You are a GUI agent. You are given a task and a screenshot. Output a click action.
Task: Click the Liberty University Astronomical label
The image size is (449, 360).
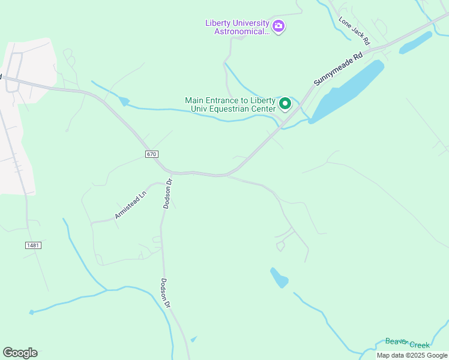tap(238, 27)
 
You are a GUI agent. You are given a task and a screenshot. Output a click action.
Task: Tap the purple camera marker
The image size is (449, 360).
tap(278, 26)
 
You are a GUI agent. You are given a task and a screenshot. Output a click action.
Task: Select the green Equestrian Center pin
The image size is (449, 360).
tap(286, 104)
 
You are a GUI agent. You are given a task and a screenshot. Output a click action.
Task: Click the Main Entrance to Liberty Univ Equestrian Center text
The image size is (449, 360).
tap(231, 104)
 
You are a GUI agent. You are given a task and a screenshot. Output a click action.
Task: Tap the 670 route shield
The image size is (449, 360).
tap(151, 154)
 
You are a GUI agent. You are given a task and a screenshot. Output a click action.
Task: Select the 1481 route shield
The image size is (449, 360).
tap(34, 245)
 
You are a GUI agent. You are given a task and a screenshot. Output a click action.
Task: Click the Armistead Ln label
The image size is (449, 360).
tap(131, 205)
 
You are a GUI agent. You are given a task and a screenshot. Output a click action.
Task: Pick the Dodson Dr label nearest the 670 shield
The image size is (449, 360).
tap(168, 193)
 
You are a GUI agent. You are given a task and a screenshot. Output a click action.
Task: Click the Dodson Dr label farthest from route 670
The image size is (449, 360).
tap(166, 293)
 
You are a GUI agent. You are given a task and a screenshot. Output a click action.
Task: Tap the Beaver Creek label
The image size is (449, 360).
tap(408, 343)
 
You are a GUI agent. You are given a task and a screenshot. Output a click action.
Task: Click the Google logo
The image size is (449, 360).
tap(20, 352)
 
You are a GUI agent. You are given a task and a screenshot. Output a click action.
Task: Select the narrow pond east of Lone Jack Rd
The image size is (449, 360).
tap(415, 43)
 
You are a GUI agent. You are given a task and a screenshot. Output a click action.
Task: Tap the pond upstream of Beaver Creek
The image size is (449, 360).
tap(279, 277)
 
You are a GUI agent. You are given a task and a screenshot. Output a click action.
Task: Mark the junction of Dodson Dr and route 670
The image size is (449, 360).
tap(172, 173)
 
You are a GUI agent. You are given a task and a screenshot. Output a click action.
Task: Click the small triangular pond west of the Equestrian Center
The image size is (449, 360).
tap(124, 101)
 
